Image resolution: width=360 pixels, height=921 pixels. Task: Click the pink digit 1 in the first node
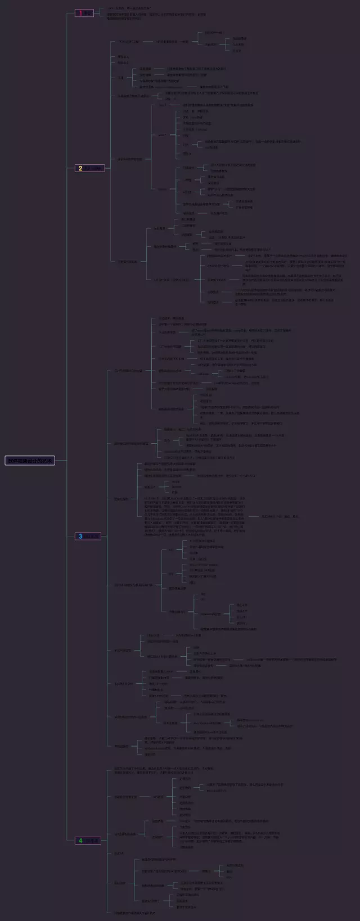pyautogui.click(x=80, y=13)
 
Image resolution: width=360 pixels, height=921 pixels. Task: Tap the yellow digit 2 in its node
pyautogui.click(x=80, y=168)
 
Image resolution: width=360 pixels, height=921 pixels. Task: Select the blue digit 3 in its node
pyautogui.click(x=80, y=536)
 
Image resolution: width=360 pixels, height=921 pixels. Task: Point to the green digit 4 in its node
pyautogui.click(x=80, y=841)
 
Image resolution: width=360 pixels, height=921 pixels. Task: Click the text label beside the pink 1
pyautogui.click(x=88, y=13)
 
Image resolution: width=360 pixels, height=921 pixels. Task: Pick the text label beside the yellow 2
pyautogui.click(x=94, y=168)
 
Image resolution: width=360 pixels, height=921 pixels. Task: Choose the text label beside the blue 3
pyautogui.click(x=93, y=536)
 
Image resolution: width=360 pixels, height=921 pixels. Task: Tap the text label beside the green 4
pyautogui.click(x=93, y=841)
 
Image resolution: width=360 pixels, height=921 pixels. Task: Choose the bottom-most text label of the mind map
pyautogui.click(x=135, y=913)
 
